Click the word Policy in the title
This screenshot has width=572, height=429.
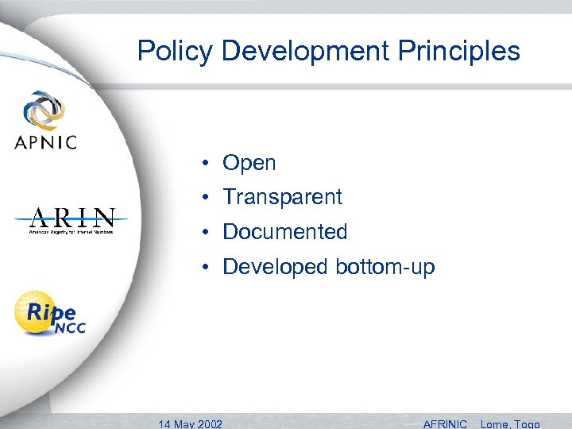[176, 52]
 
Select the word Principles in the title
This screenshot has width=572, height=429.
[462, 52]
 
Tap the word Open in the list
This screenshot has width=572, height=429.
[249, 164]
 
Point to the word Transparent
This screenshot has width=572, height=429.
[282, 197]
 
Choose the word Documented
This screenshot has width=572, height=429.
[285, 232]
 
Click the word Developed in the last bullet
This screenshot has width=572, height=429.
[276, 268]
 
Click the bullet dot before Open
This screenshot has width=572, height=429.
[205, 164]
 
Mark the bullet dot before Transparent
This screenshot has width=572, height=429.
[205, 197]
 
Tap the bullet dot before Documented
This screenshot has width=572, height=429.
[205, 232]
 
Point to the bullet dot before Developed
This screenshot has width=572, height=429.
[205, 267]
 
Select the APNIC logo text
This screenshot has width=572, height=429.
[45, 142]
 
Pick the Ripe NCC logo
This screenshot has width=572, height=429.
[48, 313]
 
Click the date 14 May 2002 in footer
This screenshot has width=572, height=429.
[191, 423]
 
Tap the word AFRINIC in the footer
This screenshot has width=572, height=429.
[445, 423]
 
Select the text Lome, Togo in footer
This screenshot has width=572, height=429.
[510, 423]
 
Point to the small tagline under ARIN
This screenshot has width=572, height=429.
[72, 232]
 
